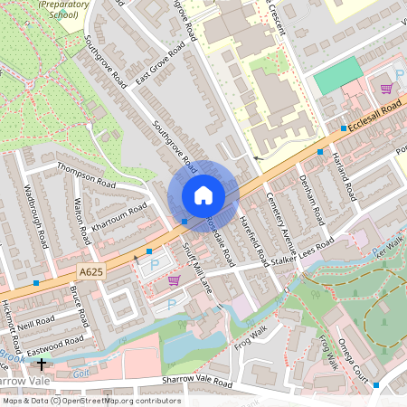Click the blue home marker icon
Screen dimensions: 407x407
[203, 195]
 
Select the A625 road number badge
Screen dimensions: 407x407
[90, 271]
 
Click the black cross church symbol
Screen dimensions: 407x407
[42, 364]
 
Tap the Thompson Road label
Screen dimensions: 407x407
[87, 174]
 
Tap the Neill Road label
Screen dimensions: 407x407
[41, 323]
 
